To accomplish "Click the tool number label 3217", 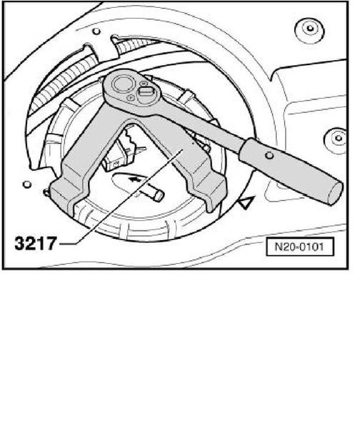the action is click(36, 243).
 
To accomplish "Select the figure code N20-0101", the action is click(299, 247).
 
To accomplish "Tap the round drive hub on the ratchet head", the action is click(122, 84).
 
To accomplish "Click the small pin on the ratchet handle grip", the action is click(269, 155).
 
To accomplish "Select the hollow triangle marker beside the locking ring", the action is click(246, 203).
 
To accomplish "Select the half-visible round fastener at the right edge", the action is click(336, 139).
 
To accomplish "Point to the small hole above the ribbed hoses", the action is click(96, 31).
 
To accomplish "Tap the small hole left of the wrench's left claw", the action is click(27, 184).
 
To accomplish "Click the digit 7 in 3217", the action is click(51, 243).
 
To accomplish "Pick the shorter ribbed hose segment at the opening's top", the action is click(134, 44).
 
